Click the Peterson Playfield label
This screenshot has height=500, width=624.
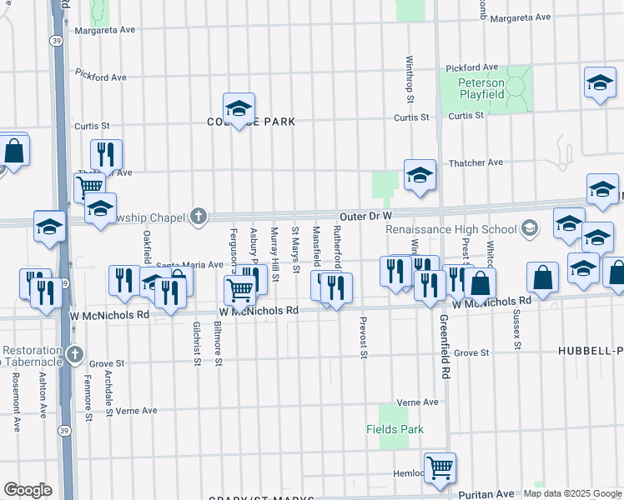pyautogui.click(x=481, y=89)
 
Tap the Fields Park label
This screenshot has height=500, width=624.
pyautogui.click(x=395, y=430)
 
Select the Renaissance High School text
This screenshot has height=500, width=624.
pyautogui.click(x=451, y=229)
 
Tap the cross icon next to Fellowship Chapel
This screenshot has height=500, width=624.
pyautogui.click(x=198, y=217)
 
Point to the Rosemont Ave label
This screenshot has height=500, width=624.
pyautogui.click(x=16, y=401)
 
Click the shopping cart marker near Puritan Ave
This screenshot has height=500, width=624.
pyautogui.click(x=440, y=467)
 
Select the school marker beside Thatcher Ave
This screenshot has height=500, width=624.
pyautogui.click(x=420, y=175)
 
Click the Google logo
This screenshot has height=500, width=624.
pyautogui.click(x=28, y=490)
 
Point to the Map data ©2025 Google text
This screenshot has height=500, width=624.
pyautogui.click(x=571, y=494)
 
